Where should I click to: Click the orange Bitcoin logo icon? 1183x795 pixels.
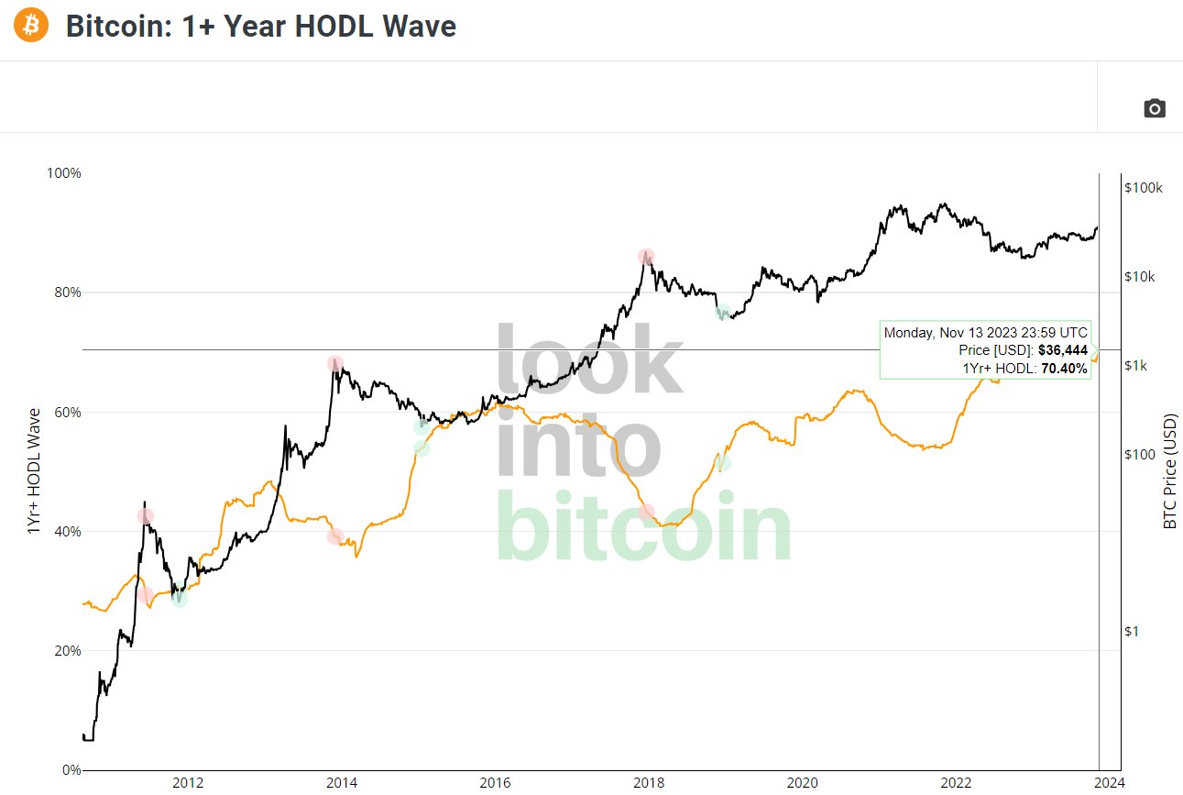pos(31,26)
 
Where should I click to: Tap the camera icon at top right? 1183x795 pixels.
pos(1155,109)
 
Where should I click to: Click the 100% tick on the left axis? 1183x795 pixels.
pos(63,173)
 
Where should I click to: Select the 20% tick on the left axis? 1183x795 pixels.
pos(66,651)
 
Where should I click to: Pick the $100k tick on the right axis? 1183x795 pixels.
pos(1143,188)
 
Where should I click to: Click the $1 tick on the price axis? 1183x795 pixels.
pos(1133,632)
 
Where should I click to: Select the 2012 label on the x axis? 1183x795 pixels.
pos(188,783)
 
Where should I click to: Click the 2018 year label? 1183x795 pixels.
pos(649,783)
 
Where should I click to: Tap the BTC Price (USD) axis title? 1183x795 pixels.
pos(1169,471)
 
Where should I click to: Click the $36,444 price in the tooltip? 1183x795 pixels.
pos(1062,350)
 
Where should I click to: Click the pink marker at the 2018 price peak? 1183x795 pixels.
pos(646,257)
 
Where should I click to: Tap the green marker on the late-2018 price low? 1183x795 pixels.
pos(723,312)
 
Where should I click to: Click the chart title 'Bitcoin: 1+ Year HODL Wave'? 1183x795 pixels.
pos(260,27)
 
